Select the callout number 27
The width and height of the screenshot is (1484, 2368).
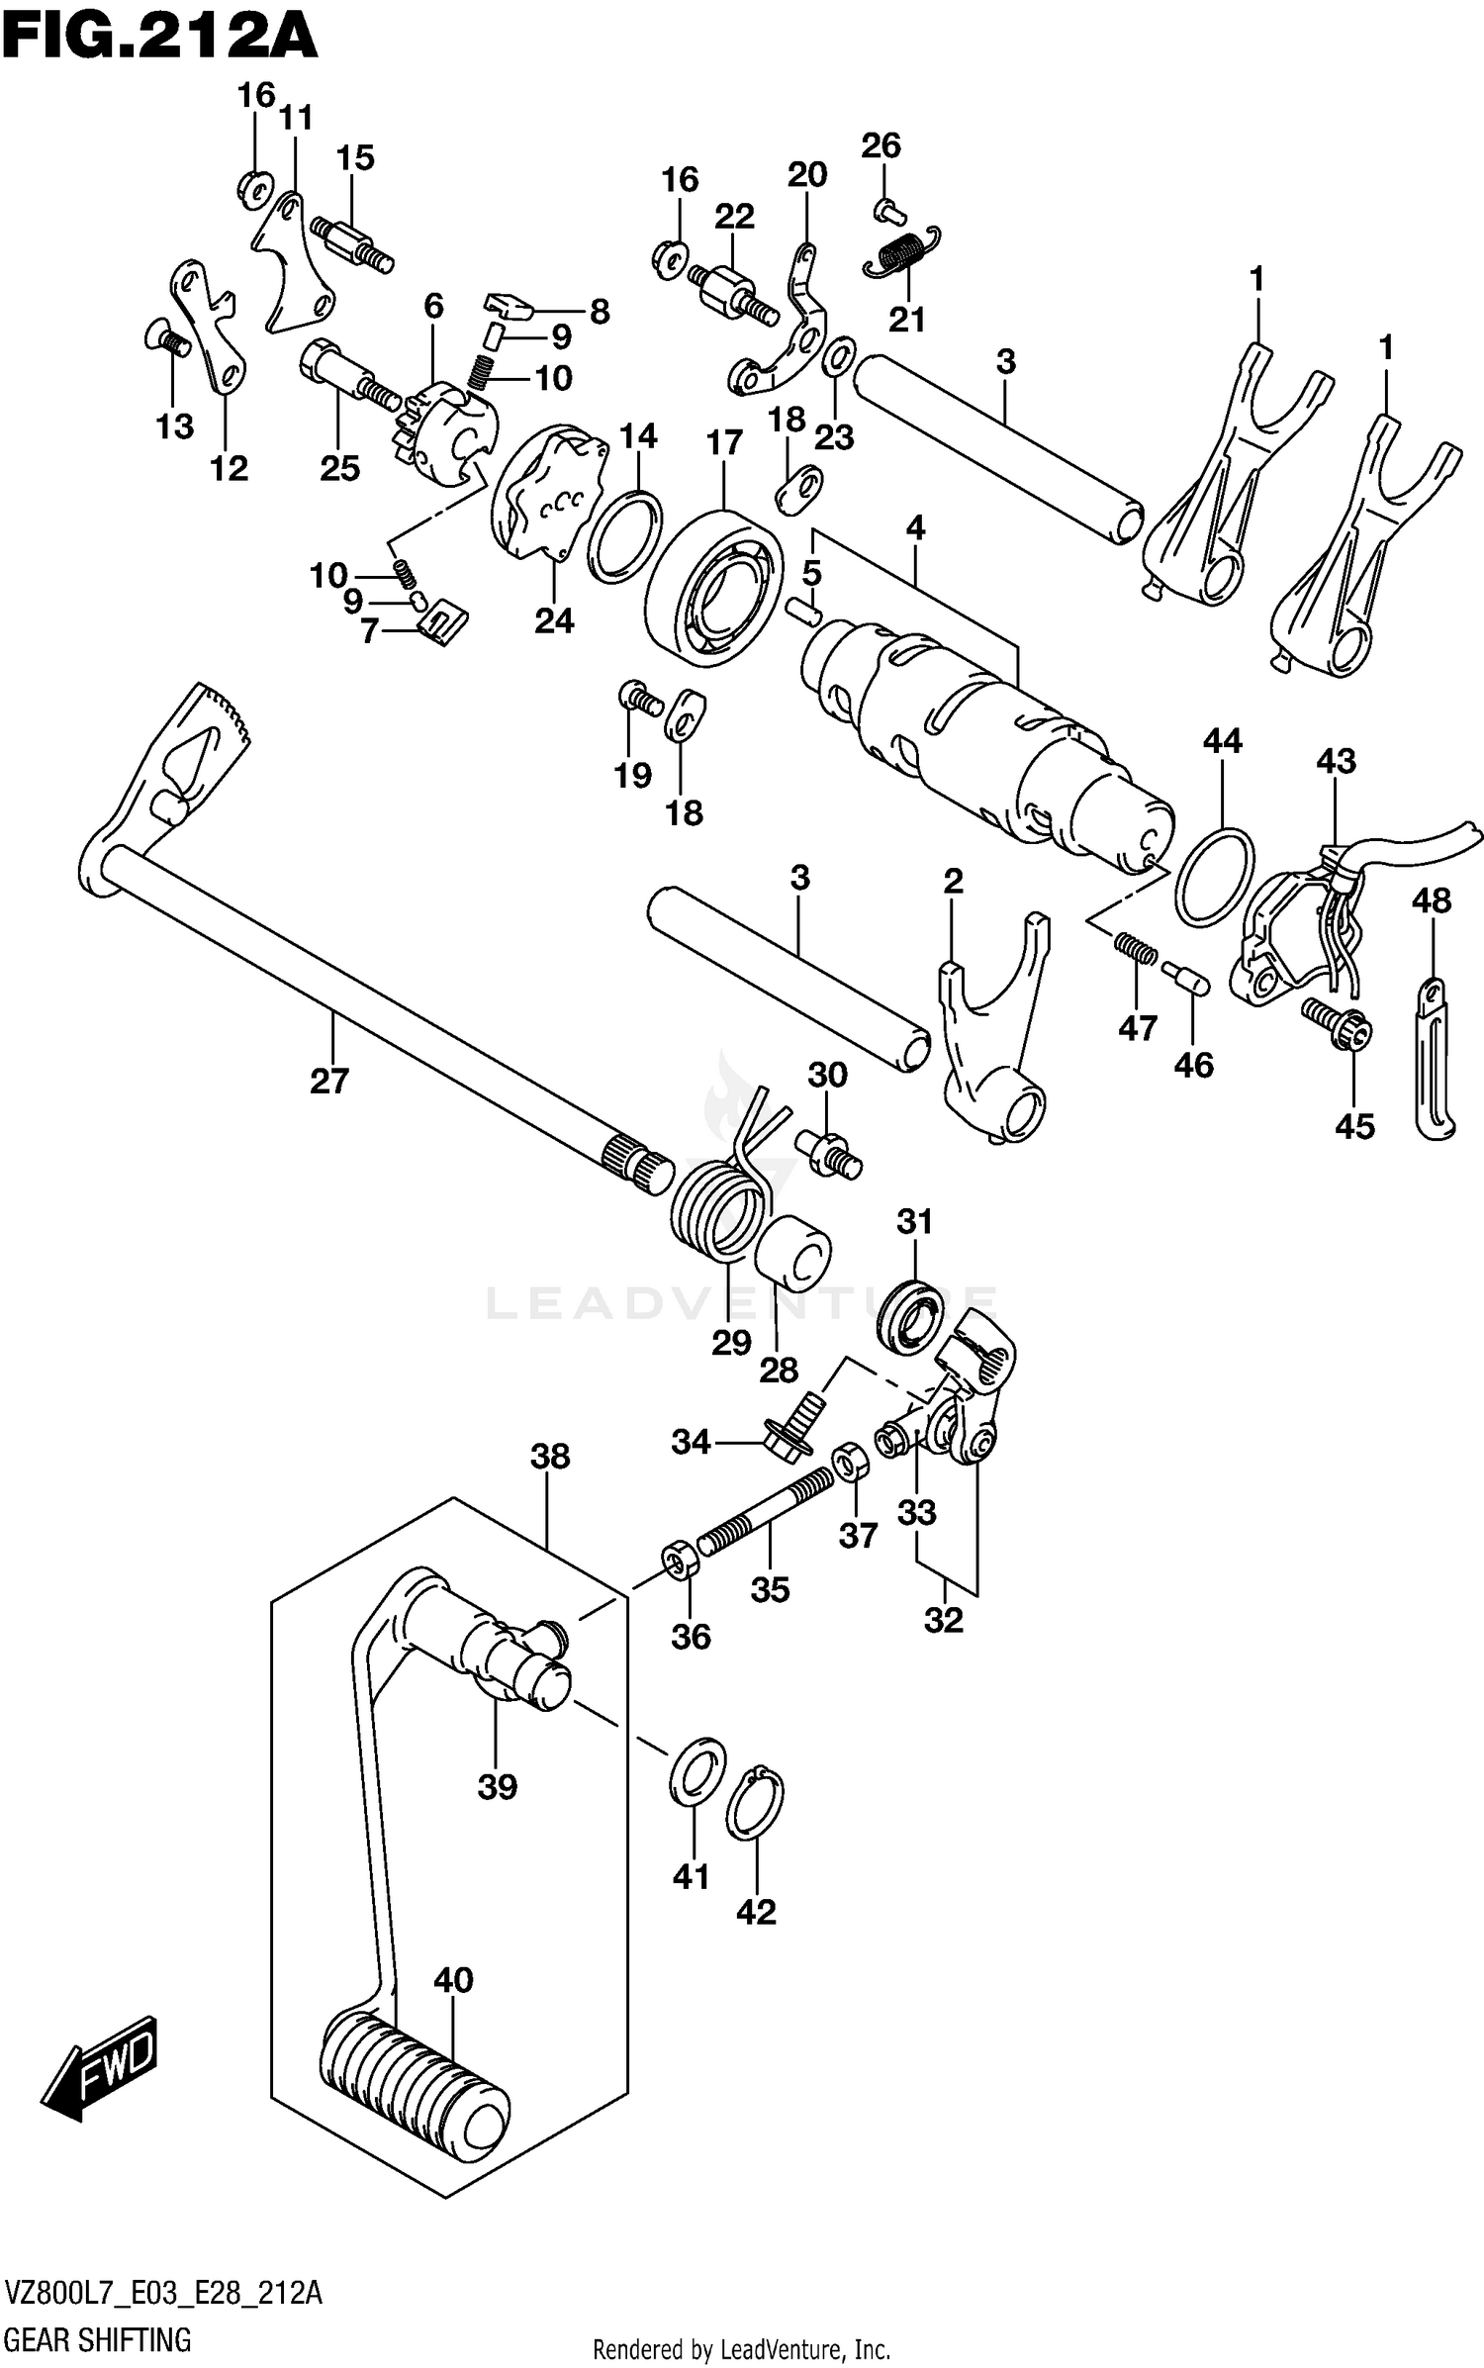[329, 1081]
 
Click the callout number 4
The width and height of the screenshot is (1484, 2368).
[915, 528]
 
